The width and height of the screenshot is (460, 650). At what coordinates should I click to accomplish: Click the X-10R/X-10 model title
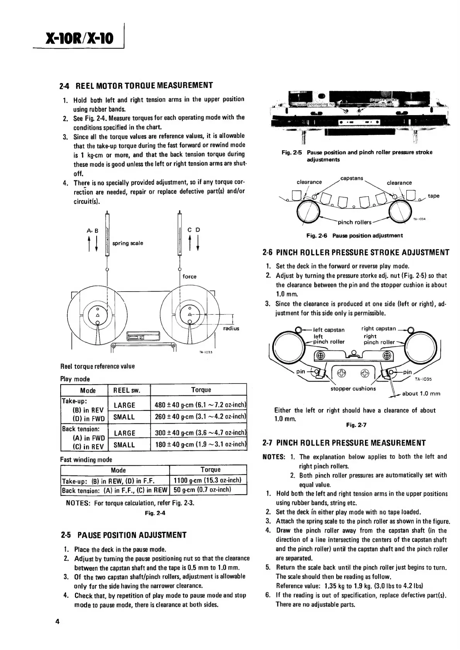point(80,39)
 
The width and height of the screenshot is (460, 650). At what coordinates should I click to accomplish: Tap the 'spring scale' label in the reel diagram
point(127,243)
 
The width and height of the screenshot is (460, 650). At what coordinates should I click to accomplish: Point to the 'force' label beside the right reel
point(189,277)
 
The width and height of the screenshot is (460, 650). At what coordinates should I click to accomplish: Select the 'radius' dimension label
point(231,328)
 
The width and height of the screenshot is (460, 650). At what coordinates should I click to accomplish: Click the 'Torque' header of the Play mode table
point(201,390)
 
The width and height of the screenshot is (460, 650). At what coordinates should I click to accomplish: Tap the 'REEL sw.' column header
point(127,390)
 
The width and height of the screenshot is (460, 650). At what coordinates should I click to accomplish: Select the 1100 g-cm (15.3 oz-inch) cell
point(208,480)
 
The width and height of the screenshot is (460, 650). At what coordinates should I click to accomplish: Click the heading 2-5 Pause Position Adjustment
point(124,535)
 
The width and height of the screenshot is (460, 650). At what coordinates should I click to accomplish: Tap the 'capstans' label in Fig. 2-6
point(352,178)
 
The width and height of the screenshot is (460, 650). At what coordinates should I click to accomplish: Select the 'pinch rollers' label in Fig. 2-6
point(354,222)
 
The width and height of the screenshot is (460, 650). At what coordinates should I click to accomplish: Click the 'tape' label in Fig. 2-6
point(433,196)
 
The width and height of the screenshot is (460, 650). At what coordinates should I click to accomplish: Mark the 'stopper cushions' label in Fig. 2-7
point(353,389)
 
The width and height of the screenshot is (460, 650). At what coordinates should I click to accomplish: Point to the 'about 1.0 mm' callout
point(421,394)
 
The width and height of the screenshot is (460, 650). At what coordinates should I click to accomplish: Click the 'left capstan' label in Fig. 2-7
point(329,329)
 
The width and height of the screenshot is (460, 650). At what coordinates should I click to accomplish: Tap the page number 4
point(57,622)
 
